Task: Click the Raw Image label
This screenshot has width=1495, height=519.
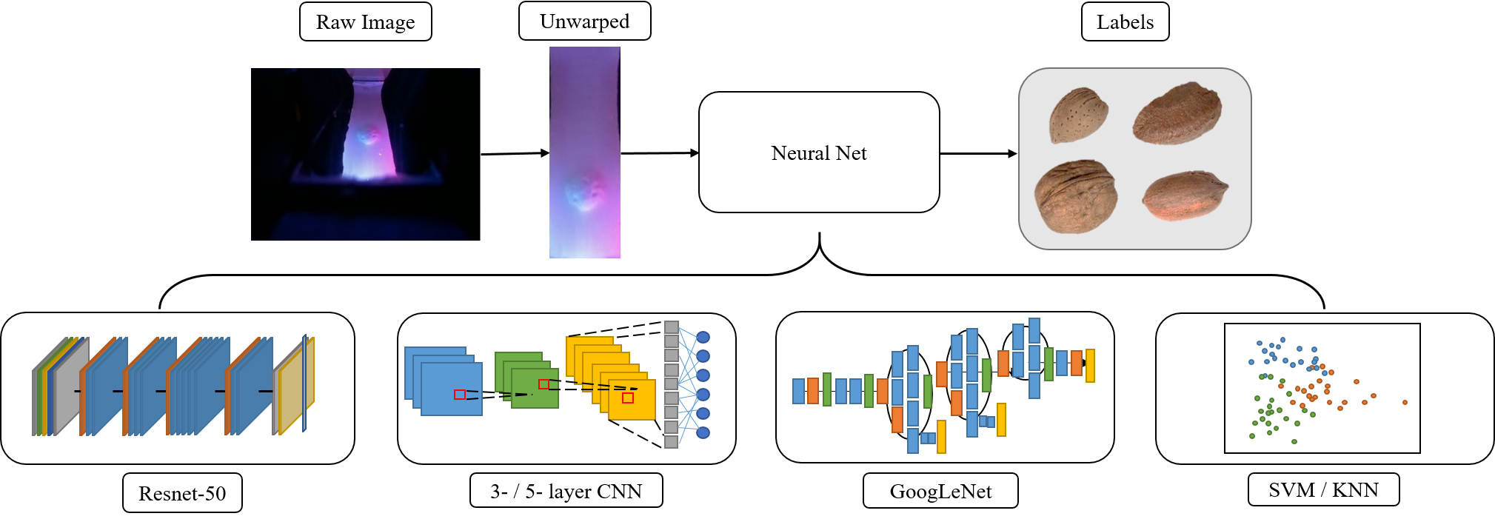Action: click(x=365, y=22)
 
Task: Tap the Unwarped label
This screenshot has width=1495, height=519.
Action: click(x=584, y=21)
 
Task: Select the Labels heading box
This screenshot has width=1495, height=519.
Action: click(x=1125, y=22)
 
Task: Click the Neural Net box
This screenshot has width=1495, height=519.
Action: click(x=819, y=153)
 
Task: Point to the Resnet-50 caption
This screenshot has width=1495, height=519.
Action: click(x=182, y=493)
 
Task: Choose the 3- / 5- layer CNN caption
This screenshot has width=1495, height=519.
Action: click(x=566, y=491)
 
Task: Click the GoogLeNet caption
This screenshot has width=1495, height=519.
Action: click(x=940, y=491)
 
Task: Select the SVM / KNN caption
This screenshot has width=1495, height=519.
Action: click(x=1323, y=489)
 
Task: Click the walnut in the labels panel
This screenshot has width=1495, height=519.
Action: click(x=1075, y=196)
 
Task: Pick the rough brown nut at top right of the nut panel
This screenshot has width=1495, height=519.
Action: click(x=1177, y=113)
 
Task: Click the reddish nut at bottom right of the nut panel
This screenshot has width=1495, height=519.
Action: click(x=1184, y=196)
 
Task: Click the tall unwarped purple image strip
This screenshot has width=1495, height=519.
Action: click(x=584, y=153)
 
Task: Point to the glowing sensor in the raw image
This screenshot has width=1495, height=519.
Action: click(x=367, y=137)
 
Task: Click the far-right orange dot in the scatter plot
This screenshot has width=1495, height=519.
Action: click(x=1405, y=403)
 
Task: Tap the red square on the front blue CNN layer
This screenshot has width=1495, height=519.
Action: click(x=460, y=395)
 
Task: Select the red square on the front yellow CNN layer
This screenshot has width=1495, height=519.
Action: click(x=628, y=398)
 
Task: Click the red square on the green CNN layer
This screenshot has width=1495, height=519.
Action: click(x=544, y=384)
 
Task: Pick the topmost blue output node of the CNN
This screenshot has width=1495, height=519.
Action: click(x=703, y=338)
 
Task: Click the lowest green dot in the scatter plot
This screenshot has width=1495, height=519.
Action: click(x=1294, y=442)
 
